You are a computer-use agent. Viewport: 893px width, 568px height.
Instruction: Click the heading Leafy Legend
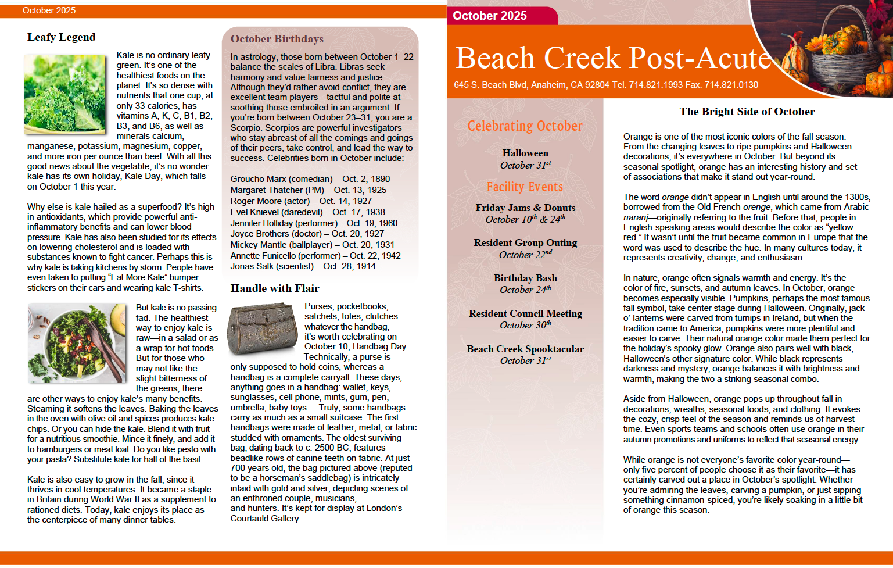coord(61,37)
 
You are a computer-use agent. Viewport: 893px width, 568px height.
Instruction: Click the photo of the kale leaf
coord(65,94)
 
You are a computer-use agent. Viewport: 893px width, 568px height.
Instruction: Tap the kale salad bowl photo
coord(77,342)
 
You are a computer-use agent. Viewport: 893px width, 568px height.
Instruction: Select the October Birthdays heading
coord(277,39)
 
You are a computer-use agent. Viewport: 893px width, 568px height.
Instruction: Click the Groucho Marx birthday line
coord(310,179)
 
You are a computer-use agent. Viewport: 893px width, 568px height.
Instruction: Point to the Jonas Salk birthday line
coord(303,266)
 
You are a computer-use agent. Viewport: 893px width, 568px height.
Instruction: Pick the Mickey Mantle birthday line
coord(312,245)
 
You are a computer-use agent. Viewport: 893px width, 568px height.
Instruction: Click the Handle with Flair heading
coord(274,288)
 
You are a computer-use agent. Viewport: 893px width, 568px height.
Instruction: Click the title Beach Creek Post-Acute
coord(613,58)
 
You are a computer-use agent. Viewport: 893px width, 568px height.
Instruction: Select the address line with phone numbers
coord(605,85)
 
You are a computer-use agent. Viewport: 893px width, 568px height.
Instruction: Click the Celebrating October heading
coord(525,126)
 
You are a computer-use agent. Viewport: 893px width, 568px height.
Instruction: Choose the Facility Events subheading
coord(525,187)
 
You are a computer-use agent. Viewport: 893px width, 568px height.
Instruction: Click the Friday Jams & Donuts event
coord(525,208)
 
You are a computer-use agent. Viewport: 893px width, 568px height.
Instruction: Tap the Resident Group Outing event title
coord(525,243)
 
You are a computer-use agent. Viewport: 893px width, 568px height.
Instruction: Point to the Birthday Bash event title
coord(525,278)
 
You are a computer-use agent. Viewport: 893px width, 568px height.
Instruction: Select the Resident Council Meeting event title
coord(525,314)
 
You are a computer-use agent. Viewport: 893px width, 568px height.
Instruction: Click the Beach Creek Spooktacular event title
coord(525,349)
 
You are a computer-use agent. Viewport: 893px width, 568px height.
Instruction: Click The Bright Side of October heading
coord(747,112)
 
